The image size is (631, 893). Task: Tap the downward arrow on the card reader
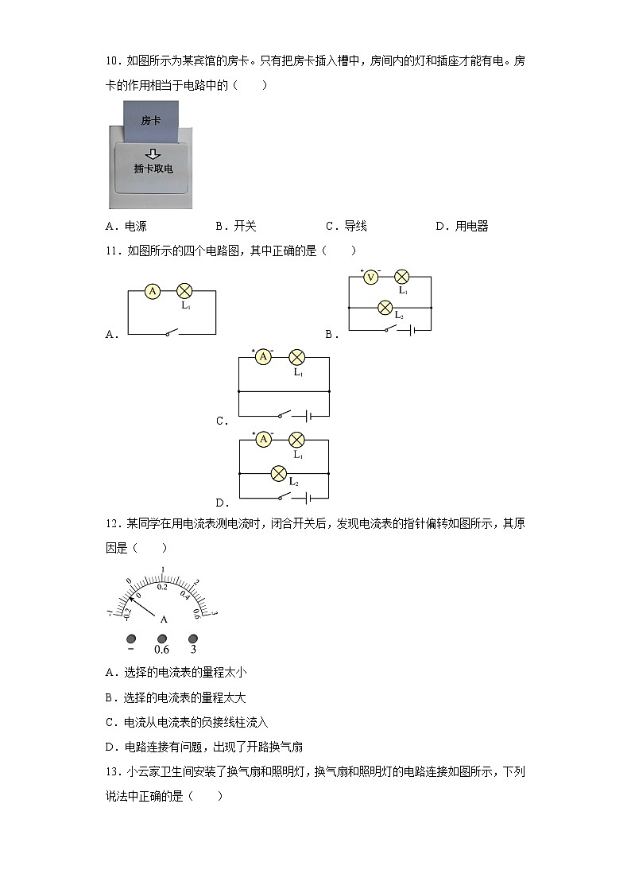pos(153,153)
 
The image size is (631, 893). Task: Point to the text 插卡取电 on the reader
pos(153,169)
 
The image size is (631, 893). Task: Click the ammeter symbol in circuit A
pos(153,291)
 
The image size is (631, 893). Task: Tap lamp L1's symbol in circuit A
pos(184,291)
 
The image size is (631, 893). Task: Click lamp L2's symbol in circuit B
pos(386,306)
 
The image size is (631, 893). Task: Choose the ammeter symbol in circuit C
pos(263,357)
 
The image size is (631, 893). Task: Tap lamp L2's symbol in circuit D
pos(278,473)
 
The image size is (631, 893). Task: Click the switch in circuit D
pos(285,499)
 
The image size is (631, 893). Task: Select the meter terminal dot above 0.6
pos(162,639)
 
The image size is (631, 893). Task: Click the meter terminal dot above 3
pos(193,639)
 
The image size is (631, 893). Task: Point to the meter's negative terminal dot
pos(131,639)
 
